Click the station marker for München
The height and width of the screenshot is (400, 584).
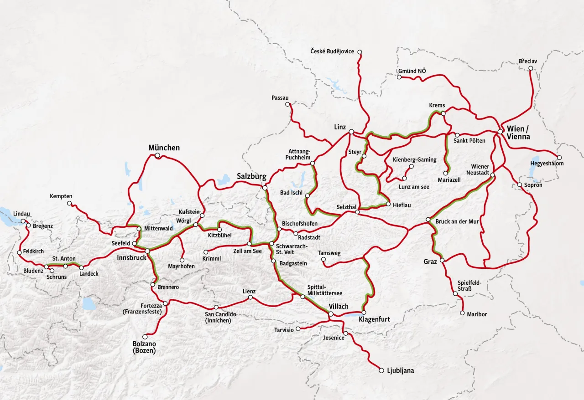pos(157,156)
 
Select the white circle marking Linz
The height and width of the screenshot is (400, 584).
pos(351,132)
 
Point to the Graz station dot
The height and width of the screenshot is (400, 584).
pos(442,260)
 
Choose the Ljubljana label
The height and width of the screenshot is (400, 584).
pos(400,371)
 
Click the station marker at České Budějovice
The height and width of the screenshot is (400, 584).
pos(360,52)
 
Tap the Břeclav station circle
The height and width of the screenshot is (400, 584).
pos(531,68)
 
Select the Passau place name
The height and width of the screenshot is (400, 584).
pos(280,98)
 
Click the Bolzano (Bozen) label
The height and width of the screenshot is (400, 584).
pos(144,347)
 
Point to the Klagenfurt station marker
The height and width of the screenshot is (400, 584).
pos(364,313)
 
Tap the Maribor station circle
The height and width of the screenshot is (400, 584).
pos(463,313)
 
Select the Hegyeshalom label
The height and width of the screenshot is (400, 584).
pos(547,164)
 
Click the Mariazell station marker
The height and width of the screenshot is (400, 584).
pos(446,173)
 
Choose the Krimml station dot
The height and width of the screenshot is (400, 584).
pos(206,252)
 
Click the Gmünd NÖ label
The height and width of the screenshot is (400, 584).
pos(412,71)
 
